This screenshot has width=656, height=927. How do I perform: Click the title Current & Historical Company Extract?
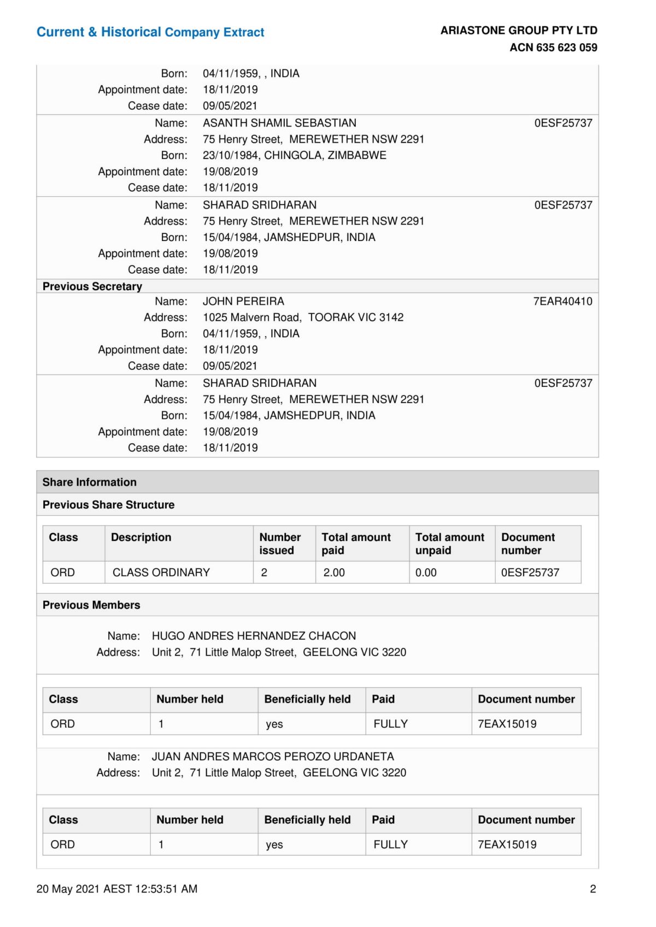point(150,32)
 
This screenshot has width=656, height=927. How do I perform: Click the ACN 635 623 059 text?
point(553,48)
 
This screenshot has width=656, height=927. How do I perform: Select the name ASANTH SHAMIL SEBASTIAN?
point(279,123)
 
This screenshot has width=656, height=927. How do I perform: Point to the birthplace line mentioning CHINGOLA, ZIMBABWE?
point(294,155)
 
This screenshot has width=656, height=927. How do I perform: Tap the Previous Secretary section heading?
point(92,286)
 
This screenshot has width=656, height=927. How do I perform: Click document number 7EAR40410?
point(563,301)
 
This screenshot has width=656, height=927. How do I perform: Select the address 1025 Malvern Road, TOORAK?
point(303,317)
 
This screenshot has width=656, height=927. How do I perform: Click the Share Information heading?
point(90,482)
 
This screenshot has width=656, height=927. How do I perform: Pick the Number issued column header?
point(280,544)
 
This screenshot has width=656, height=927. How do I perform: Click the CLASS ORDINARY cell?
point(161,572)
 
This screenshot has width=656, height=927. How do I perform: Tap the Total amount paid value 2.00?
point(334,572)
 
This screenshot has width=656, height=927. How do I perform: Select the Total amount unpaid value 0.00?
point(426,572)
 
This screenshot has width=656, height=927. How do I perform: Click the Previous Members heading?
point(91,605)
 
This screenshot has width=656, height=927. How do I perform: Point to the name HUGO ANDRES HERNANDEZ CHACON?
point(254,636)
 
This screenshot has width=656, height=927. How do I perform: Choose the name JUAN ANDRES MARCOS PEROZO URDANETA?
point(273,757)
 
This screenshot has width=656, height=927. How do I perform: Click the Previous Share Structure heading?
point(109,505)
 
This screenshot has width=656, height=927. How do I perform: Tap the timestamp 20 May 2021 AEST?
point(117,889)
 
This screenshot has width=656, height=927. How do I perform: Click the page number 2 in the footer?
point(593,889)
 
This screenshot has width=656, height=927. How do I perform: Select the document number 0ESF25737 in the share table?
point(530,572)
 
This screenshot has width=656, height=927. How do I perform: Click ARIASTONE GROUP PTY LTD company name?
point(519,31)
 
